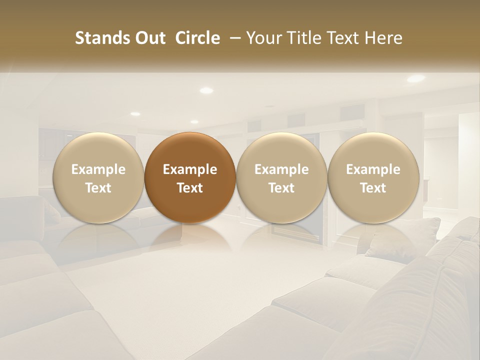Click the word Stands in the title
coord(102,38)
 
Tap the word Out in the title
coord(149,38)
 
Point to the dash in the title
coord(233,38)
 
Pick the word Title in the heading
coord(301,38)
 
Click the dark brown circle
coord(190,177)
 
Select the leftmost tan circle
coord(98,177)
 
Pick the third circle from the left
coord(281,177)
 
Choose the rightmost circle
coord(373,177)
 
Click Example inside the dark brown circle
coord(190,169)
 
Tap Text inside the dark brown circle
coord(190,188)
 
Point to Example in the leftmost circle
coord(98,169)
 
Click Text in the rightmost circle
coord(373,188)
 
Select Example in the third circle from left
coord(281,169)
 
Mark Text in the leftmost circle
coord(98,188)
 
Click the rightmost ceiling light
coord(415,78)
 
